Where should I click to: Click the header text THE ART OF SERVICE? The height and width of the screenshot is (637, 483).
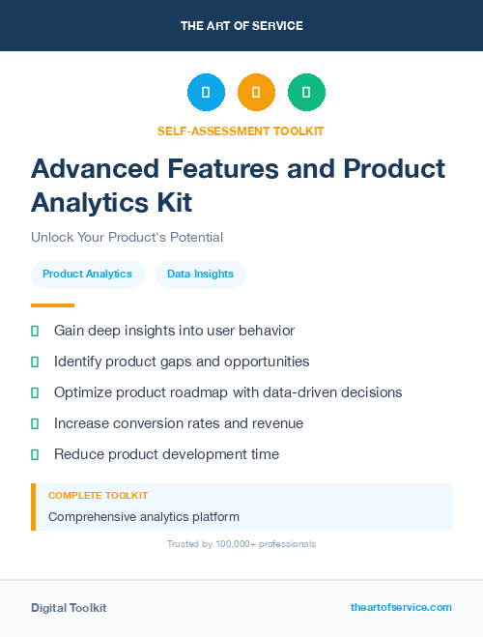241,25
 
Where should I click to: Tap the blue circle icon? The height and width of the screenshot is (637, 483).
206,92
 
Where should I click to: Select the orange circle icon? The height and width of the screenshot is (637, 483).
256,92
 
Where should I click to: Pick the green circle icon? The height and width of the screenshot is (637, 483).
306,92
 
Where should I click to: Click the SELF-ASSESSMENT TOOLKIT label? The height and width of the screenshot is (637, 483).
241,130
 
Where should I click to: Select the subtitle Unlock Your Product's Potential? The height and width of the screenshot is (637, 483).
127,237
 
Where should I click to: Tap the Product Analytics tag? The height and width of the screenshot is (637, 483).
87,275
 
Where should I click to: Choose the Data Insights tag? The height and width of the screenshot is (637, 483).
200,275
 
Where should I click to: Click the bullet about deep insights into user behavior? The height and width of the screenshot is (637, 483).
174,331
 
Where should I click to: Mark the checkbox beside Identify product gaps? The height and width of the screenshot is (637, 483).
35,362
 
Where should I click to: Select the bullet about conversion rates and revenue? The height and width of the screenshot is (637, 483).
179,423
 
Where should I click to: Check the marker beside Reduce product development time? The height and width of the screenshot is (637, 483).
35,454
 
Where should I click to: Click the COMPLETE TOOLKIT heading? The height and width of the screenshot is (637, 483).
98,495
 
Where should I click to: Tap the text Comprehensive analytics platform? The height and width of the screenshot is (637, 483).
144,516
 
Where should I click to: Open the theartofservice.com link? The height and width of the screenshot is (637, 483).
401,607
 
